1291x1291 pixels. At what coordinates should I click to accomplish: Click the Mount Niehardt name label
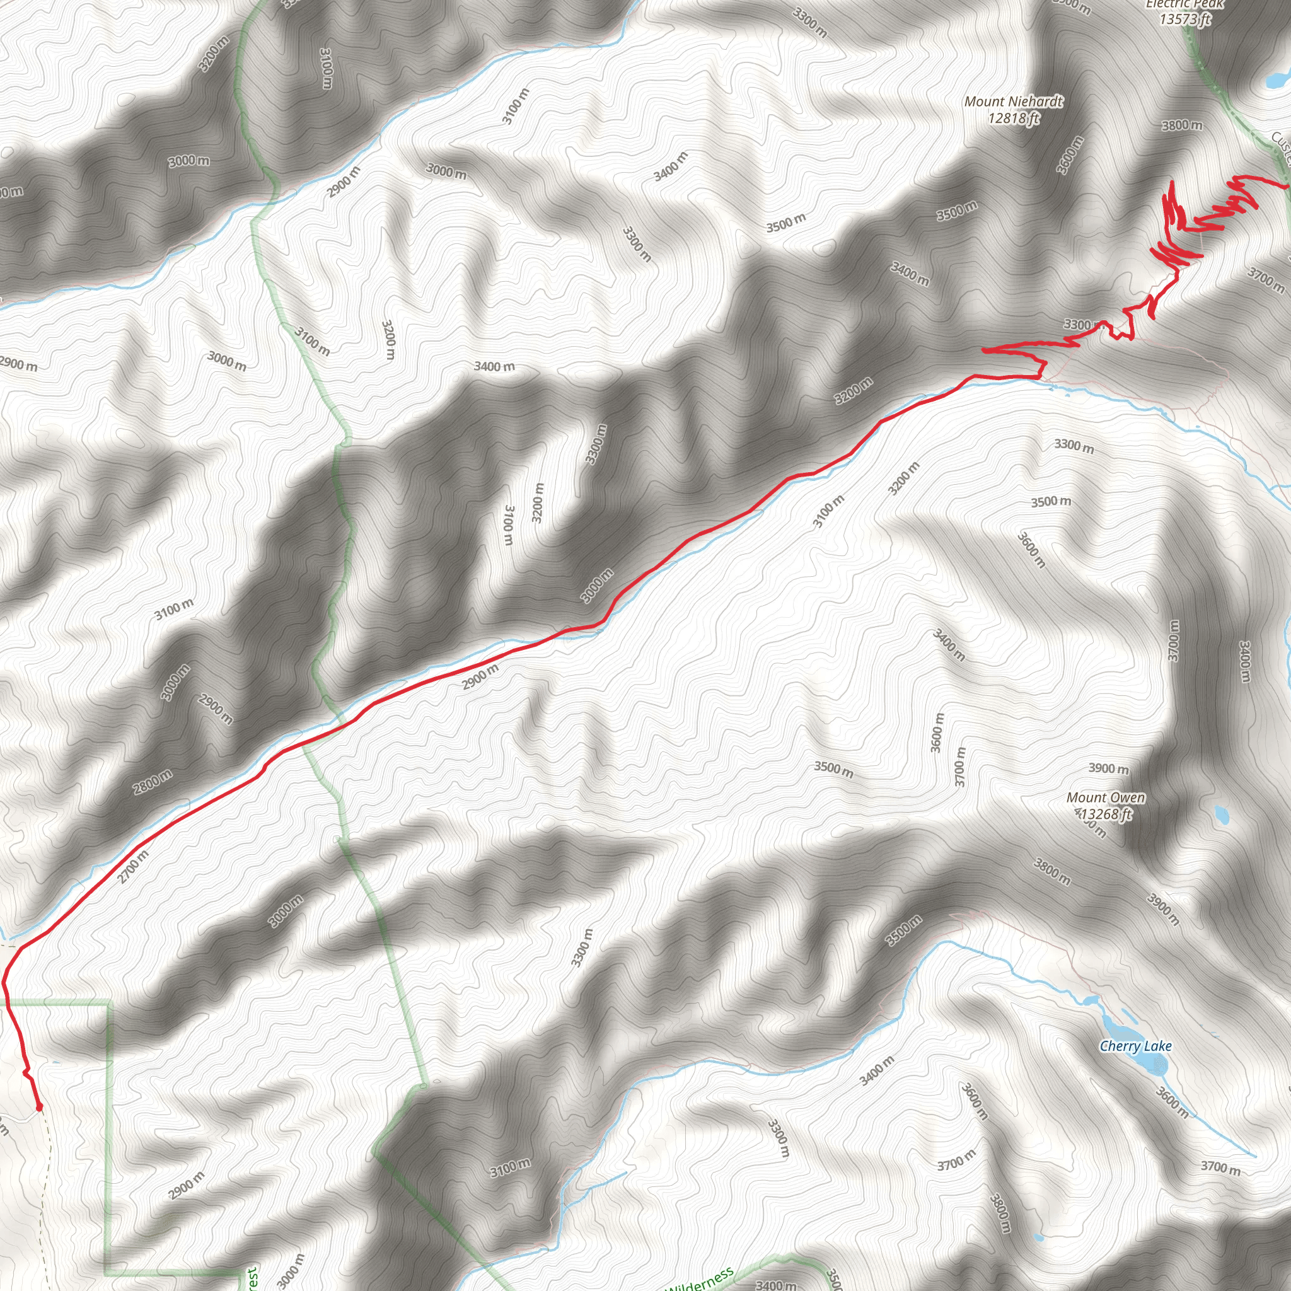click(1013, 101)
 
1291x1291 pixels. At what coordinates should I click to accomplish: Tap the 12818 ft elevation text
click(1014, 119)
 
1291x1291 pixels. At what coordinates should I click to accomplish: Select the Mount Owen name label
click(1105, 797)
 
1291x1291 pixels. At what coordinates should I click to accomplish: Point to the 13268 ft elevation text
click(1106, 814)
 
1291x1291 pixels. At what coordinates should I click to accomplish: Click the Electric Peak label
click(1184, 4)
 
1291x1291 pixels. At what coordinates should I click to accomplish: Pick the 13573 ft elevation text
click(1184, 20)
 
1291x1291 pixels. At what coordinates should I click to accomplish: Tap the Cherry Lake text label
click(1135, 1046)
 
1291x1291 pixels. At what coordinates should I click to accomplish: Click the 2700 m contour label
click(134, 866)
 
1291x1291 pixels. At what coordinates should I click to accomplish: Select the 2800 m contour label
click(153, 782)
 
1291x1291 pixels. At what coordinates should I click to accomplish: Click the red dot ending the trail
click(38, 1107)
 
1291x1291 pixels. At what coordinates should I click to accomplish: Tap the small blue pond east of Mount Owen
click(1222, 814)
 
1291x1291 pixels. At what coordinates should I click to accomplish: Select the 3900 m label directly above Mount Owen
click(1109, 768)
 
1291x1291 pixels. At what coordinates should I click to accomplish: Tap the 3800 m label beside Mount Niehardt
click(1182, 125)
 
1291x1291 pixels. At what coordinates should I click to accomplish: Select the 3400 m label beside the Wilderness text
click(775, 1284)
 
